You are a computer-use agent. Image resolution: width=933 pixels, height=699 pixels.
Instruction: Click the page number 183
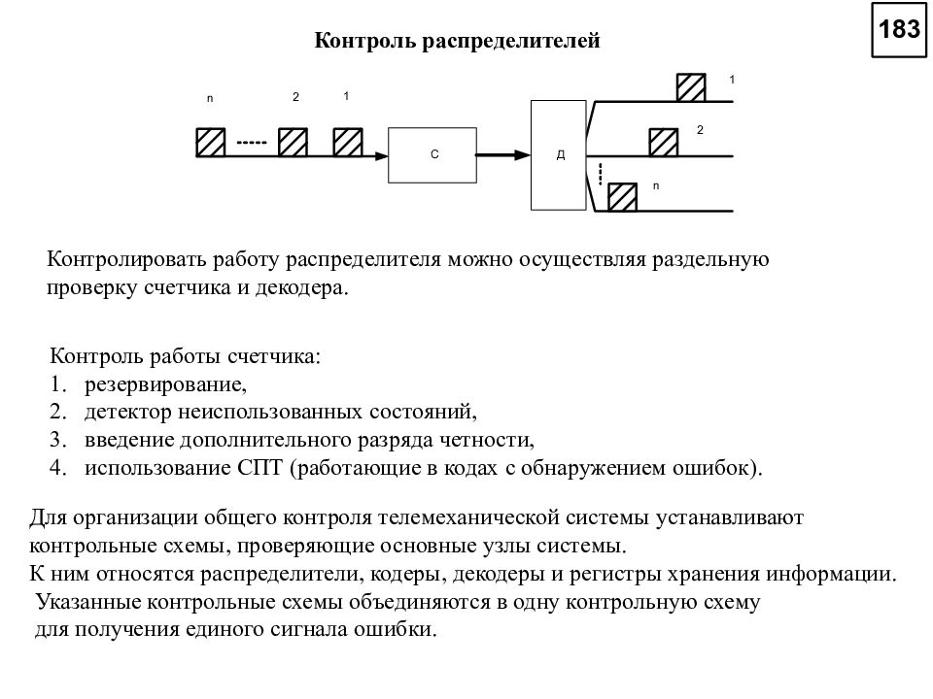pyautogui.click(x=899, y=29)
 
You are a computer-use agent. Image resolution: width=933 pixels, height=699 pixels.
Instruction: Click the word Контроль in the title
pyautogui.click(x=365, y=41)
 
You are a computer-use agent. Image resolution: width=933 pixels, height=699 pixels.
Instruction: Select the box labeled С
pyautogui.click(x=432, y=155)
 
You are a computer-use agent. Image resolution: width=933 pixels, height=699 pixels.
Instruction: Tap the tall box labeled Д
pyautogui.click(x=559, y=155)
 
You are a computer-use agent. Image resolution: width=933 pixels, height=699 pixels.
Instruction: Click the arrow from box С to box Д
pyautogui.click(x=503, y=155)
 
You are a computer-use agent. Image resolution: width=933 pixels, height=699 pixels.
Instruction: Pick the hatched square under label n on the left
pyautogui.click(x=211, y=143)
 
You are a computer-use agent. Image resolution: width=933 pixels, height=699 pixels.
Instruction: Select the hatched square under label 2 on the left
pyautogui.click(x=294, y=143)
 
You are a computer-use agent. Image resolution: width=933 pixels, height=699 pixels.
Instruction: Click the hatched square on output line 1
pyautogui.click(x=691, y=88)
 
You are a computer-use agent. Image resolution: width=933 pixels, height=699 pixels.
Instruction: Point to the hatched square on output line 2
pyautogui.click(x=664, y=143)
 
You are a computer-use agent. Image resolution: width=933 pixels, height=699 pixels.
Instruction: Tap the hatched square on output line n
pyautogui.click(x=622, y=197)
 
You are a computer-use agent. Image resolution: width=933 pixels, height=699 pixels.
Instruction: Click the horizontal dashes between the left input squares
pyautogui.click(x=252, y=143)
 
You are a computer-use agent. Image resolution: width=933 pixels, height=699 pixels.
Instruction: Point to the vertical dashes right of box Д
pyautogui.click(x=601, y=174)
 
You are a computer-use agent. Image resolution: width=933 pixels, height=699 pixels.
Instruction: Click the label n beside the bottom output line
pyautogui.click(x=656, y=186)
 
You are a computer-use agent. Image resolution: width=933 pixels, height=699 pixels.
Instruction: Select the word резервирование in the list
pyautogui.click(x=165, y=384)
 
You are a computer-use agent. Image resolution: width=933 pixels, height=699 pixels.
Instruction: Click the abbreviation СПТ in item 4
pyautogui.click(x=260, y=467)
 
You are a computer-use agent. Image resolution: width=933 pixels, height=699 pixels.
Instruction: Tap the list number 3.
pyautogui.click(x=57, y=440)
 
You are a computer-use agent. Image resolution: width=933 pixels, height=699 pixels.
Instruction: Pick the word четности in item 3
pyautogui.click(x=487, y=440)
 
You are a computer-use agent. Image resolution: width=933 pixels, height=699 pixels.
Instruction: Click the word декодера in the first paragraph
pyautogui.click(x=301, y=288)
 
